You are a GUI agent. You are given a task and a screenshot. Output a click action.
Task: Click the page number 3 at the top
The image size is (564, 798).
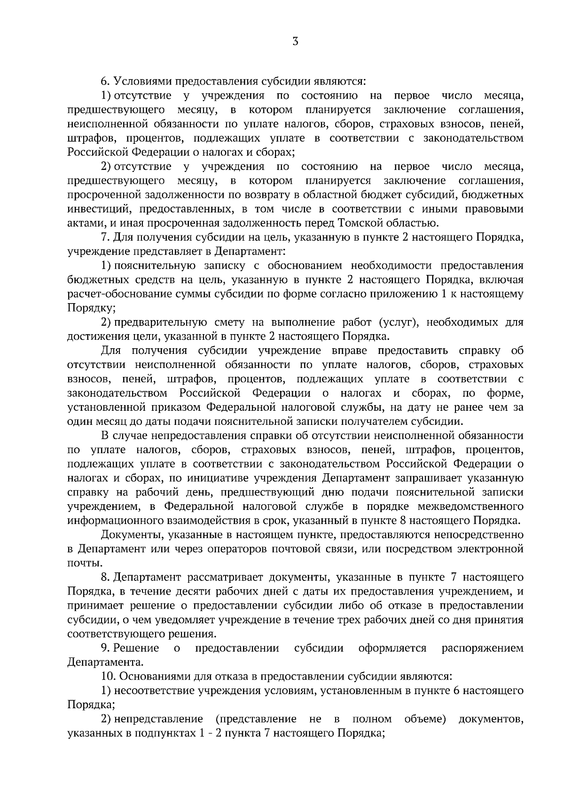295,41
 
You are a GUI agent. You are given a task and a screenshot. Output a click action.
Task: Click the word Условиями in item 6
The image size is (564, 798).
144,82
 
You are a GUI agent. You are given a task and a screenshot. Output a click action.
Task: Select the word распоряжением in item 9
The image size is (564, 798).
482,649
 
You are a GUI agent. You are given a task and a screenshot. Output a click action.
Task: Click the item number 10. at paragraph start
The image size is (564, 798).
108,677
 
